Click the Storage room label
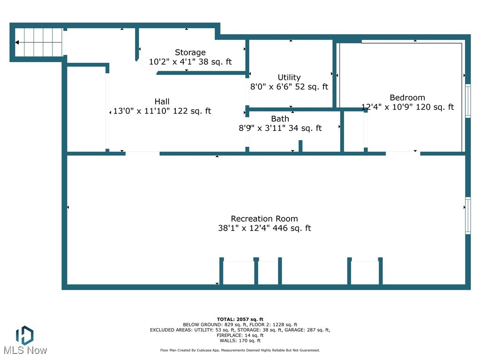190,52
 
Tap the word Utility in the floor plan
289,77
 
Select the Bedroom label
407,97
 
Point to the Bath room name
280,119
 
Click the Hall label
162,101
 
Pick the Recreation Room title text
264,218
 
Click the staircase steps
38,42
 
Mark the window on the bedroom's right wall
468,101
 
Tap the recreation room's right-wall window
468,216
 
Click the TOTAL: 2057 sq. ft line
240,319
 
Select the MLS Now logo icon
25,335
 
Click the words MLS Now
25,351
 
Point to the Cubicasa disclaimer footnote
240,350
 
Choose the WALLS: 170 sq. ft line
240,340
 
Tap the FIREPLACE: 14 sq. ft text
240,335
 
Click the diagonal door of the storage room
147,67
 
